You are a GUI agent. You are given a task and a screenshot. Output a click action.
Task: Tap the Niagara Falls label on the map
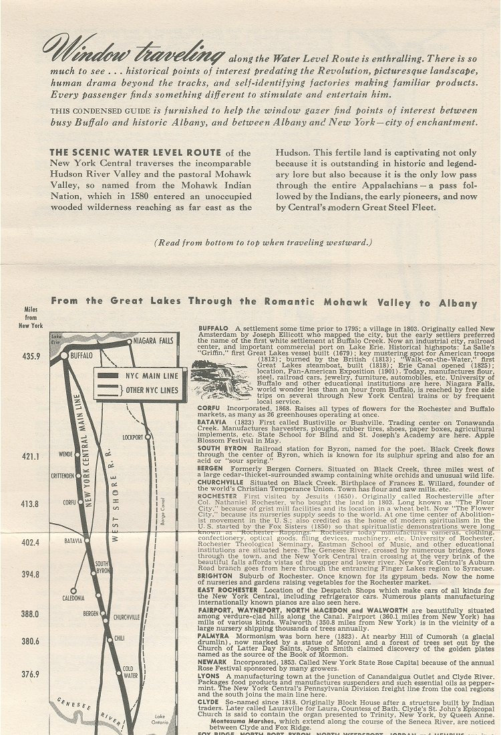point(156,342)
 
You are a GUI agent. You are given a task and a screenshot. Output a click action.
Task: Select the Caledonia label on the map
point(73,598)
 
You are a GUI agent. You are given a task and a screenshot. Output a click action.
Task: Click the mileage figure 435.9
point(31,357)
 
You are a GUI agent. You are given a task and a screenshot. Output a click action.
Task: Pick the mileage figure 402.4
point(31,543)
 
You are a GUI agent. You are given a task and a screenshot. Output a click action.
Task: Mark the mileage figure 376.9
point(31,674)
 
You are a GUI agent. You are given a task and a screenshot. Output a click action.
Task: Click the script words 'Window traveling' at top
point(132,49)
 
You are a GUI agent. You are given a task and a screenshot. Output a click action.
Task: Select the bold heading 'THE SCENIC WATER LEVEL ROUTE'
point(136,152)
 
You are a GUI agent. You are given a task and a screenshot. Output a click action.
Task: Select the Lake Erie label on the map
point(55,339)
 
